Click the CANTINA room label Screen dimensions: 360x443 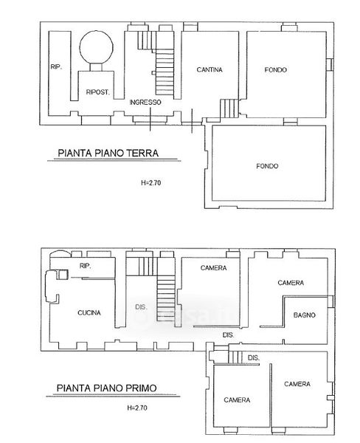[210, 69]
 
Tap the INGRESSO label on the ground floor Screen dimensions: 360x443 [145, 103]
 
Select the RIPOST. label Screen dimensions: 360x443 [97, 92]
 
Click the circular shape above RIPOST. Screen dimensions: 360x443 [97, 47]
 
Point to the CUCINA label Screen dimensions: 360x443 [89, 313]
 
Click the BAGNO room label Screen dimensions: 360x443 [304, 315]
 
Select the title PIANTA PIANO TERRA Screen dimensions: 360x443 [108, 153]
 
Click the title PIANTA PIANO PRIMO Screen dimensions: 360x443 [106, 388]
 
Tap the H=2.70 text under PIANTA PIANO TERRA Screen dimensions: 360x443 [150, 183]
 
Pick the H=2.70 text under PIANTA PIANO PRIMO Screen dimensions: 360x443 [137, 408]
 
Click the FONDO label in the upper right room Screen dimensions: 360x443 [276, 70]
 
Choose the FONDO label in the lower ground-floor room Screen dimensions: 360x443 [267, 166]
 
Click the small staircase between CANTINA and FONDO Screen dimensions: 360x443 [229, 109]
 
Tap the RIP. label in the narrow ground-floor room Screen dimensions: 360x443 [56, 67]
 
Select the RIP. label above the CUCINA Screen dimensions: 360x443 [86, 266]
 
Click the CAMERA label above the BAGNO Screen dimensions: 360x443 [291, 283]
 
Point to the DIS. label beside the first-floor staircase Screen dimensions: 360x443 [141, 307]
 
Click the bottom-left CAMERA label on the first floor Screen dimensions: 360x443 [237, 399]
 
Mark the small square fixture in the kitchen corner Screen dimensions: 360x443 [62, 275]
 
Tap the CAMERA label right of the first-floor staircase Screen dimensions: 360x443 [213, 268]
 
